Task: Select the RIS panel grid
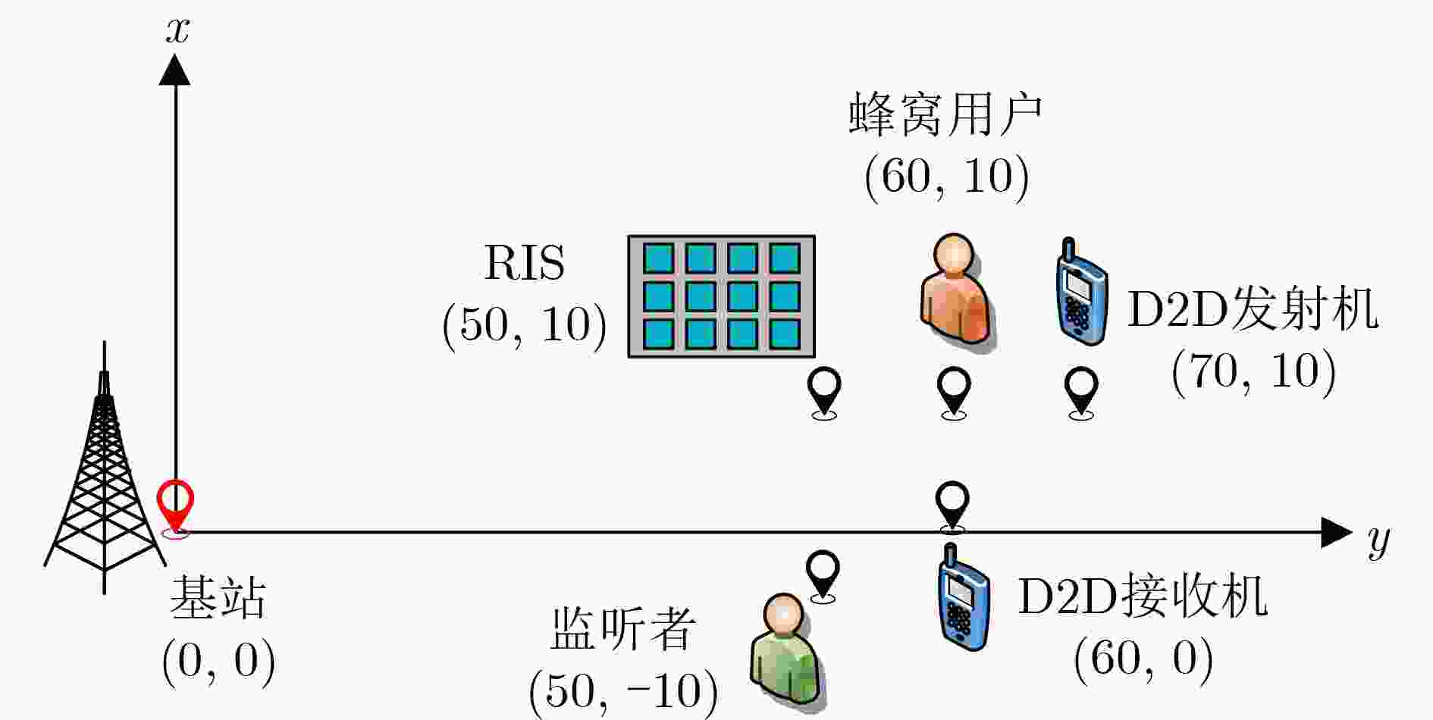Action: coord(721,296)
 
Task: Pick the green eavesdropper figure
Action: coord(786,651)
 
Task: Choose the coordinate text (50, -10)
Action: coord(623,690)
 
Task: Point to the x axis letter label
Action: coord(177,30)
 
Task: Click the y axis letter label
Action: coord(1379,540)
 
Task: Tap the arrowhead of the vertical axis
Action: coord(175,69)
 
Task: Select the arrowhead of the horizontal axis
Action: coord(1336,532)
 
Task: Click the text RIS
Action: coord(525,263)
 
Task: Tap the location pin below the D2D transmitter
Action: coord(1081,393)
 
